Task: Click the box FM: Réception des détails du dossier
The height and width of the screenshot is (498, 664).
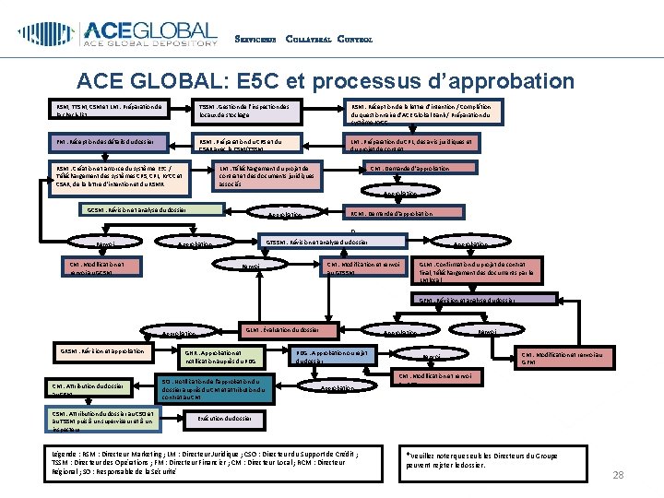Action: pos(113,142)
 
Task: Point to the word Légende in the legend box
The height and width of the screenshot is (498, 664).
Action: pos(66,455)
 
